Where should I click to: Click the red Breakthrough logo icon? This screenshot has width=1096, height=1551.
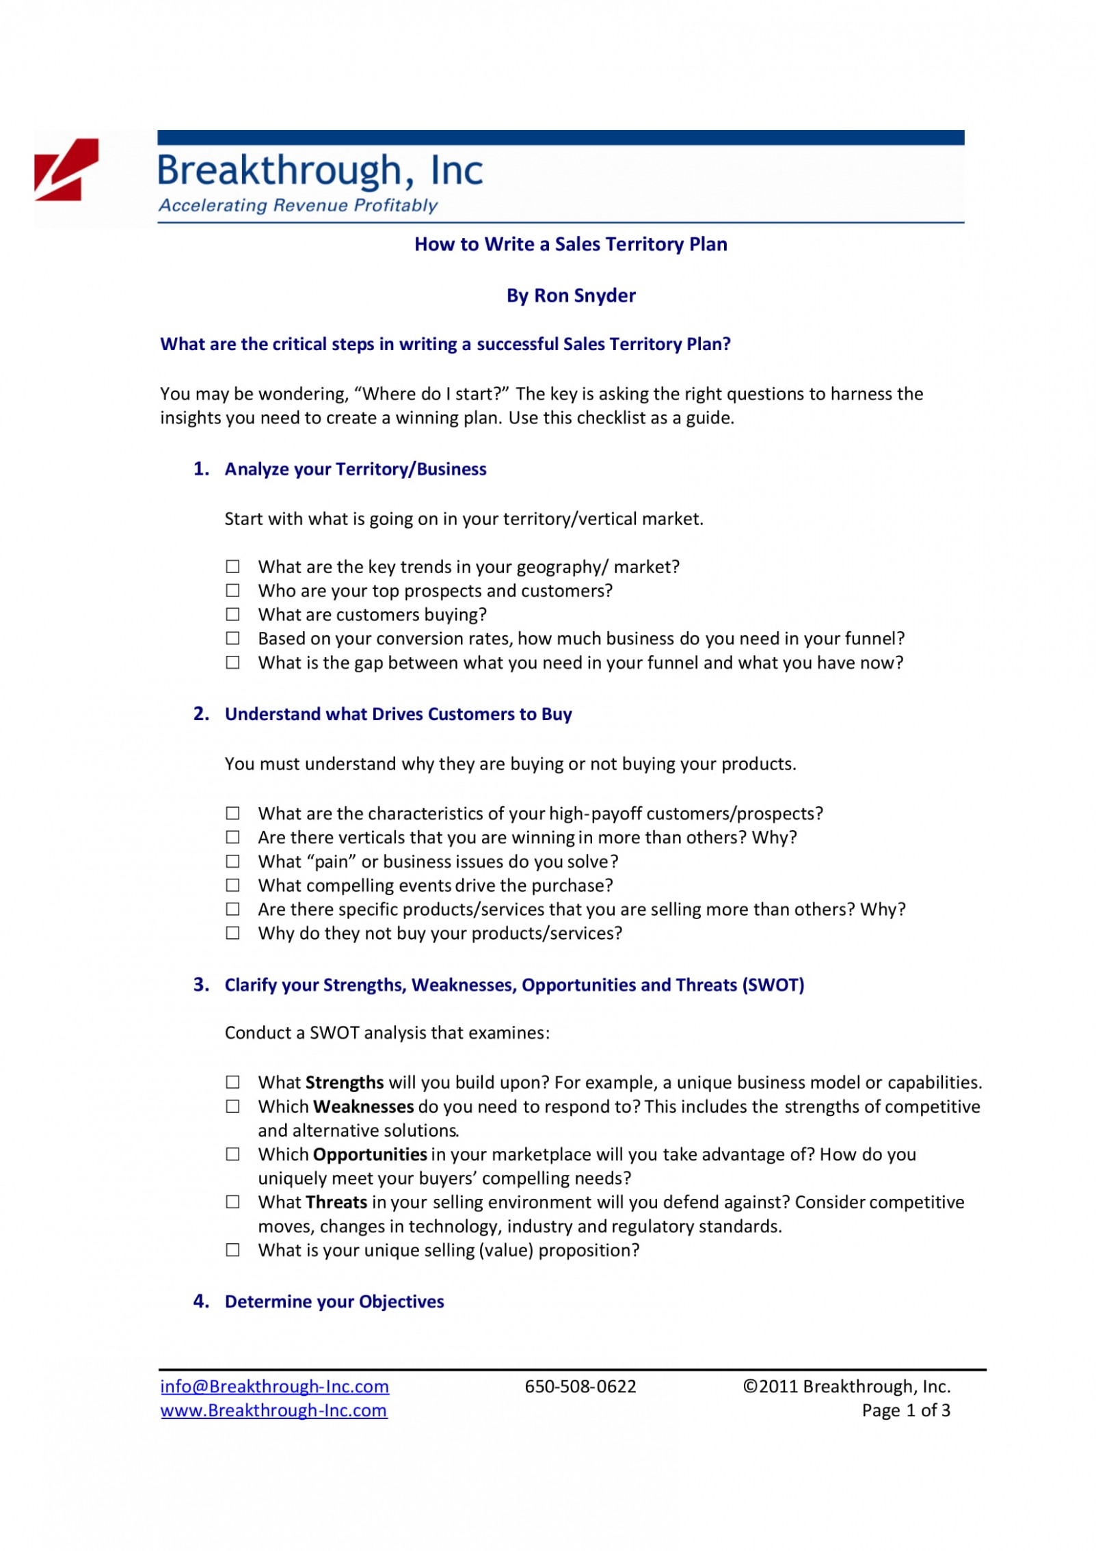tap(66, 170)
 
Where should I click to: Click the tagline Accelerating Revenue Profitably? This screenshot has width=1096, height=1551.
tap(298, 205)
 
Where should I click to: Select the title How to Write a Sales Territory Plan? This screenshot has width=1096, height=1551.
tap(570, 244)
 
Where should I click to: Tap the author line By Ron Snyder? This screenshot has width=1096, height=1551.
tap(571, 295)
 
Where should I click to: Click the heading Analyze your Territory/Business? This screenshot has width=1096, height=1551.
tap(356, 469)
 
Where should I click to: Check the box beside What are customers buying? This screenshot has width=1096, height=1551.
tap(233, 614)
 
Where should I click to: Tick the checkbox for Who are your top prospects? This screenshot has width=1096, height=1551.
tap(233, 590)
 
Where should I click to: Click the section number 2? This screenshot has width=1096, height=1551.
tap(201, 714)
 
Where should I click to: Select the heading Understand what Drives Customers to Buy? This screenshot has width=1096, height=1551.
tap(398, 714)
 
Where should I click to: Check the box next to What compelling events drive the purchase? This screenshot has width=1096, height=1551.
tap(233, 885)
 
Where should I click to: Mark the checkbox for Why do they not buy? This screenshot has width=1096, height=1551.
tap(233, 933)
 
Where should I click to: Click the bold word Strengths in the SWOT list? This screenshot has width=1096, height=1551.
tap(345, 1083)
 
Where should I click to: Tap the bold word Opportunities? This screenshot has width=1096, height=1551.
tap(370, 1154)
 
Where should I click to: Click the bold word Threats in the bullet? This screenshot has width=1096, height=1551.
tap(336, 1202)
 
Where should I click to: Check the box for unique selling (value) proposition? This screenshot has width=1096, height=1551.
tap(233, 1250)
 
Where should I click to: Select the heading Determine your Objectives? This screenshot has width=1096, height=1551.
tap(334, 1301)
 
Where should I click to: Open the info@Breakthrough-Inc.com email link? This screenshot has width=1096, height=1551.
tap(274, 1386)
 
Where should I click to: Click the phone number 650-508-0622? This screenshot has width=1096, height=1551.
tap(580, 1386)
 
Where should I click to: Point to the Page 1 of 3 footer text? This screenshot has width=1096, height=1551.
tap(906, 1410)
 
